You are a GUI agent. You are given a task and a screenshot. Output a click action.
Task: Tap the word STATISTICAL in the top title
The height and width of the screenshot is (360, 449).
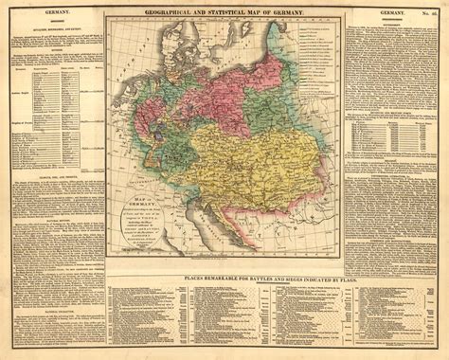click(239, 9)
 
